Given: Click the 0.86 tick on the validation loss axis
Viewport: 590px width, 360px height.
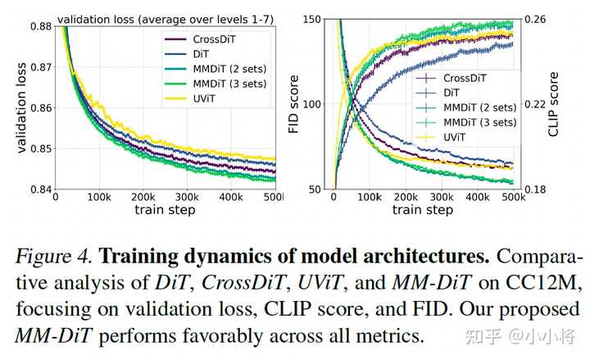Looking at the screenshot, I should pos(37,107).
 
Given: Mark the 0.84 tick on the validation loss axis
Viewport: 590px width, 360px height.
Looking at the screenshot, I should pos(37,189).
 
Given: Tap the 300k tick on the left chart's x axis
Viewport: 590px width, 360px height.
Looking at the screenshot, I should pos(187,198).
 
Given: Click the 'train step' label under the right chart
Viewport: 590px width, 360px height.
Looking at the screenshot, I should pos(422,210).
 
